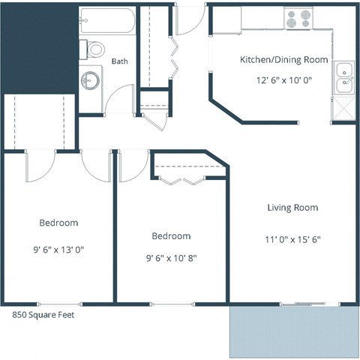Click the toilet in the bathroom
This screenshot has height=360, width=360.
(x=94, y=49)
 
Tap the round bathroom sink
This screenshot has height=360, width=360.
(x=91, y=79)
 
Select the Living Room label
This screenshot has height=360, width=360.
(x=292, y=208)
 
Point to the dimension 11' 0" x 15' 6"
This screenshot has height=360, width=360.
(x=292, y=241)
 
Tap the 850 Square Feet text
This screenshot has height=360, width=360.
(x=43, y=315)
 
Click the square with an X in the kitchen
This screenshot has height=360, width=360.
(x=344, y=109)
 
